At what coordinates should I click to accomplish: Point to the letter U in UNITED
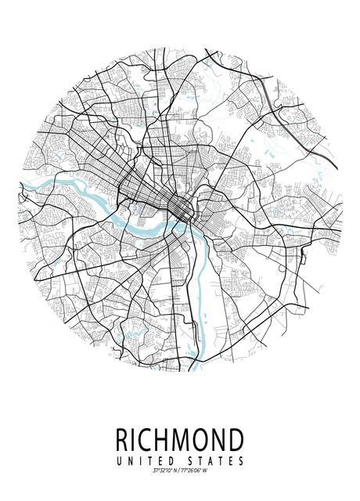[118, 460]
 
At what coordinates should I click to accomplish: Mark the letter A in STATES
[211, 460]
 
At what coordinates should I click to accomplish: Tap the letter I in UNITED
[140, 460]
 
